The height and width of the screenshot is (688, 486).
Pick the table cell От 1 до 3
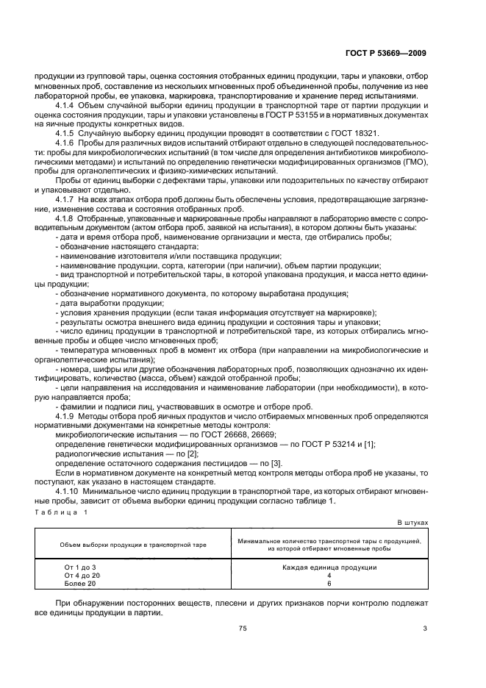(x=81, y=567)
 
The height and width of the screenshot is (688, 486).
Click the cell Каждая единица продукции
(x=329, y=567)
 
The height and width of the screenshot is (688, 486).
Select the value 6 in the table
(x=329, y=583)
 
